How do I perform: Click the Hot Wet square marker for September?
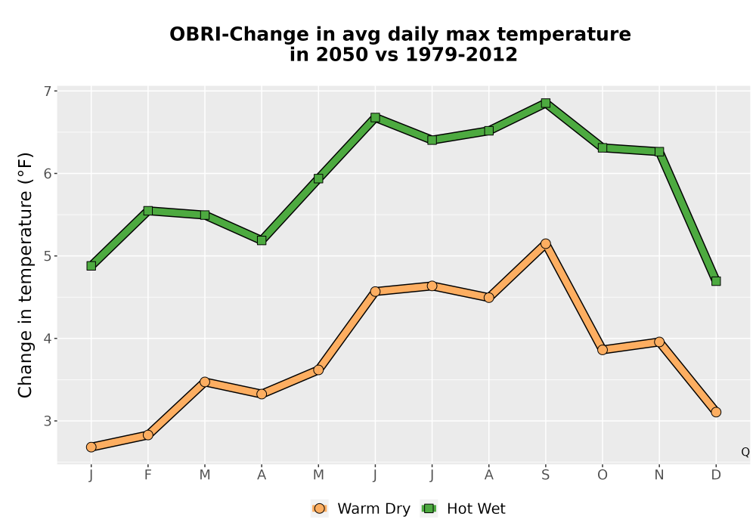(545, 103)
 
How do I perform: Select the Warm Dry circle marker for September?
(545, 244)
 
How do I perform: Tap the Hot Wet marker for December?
(716, 281)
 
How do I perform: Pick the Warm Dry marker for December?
(716, 412)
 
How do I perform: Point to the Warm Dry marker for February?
(148, 435)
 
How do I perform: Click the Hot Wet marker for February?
(148, 211)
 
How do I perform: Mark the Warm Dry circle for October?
(603, 350)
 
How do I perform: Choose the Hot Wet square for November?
(659, 151)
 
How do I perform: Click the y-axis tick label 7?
(47, 91)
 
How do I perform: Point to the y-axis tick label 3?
(47, 421)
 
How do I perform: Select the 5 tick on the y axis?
(47, 256)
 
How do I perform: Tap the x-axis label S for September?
(545, 475)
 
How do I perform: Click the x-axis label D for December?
(716, 475)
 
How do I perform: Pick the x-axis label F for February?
(148, 475)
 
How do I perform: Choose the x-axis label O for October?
(603, 475)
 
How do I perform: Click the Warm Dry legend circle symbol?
(319, 509)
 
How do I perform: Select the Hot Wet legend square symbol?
(429, 509)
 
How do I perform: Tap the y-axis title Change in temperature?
(25, 275)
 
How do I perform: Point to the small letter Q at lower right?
(745, 452)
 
